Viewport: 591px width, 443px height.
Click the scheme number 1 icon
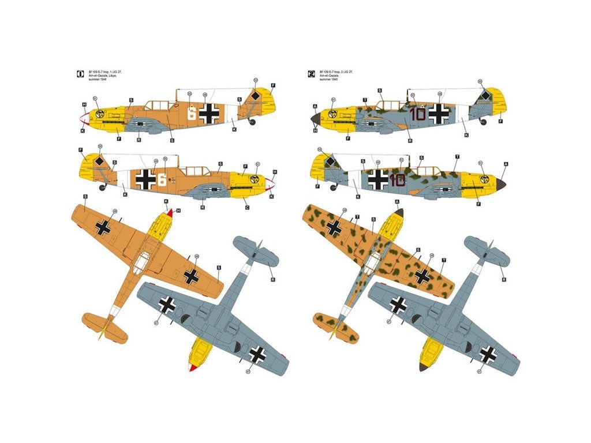pyautogui.click(x=80, y=73)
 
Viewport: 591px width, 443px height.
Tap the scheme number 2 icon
pyautogui.click(x=312, y=73)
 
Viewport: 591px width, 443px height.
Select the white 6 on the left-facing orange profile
pyautogui.click(x=191, y=113)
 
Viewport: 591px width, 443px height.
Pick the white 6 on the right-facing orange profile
pyautogui.click(x=162, y=179)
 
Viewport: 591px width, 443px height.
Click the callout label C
pyautogui.click(x=247, y=207)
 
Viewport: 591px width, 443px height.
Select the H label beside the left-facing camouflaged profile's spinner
pyautogui.click(x=315, y=131)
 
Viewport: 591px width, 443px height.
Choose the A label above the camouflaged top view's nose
pyautogui.click(x=397, y=201)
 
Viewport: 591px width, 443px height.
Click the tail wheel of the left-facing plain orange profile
pyautogui.click(x=252, y=122)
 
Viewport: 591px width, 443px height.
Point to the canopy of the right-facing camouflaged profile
pyautogui.click(x=428, y=171)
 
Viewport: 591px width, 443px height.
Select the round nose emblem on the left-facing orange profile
pyautogui.click(x=100, y=113)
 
